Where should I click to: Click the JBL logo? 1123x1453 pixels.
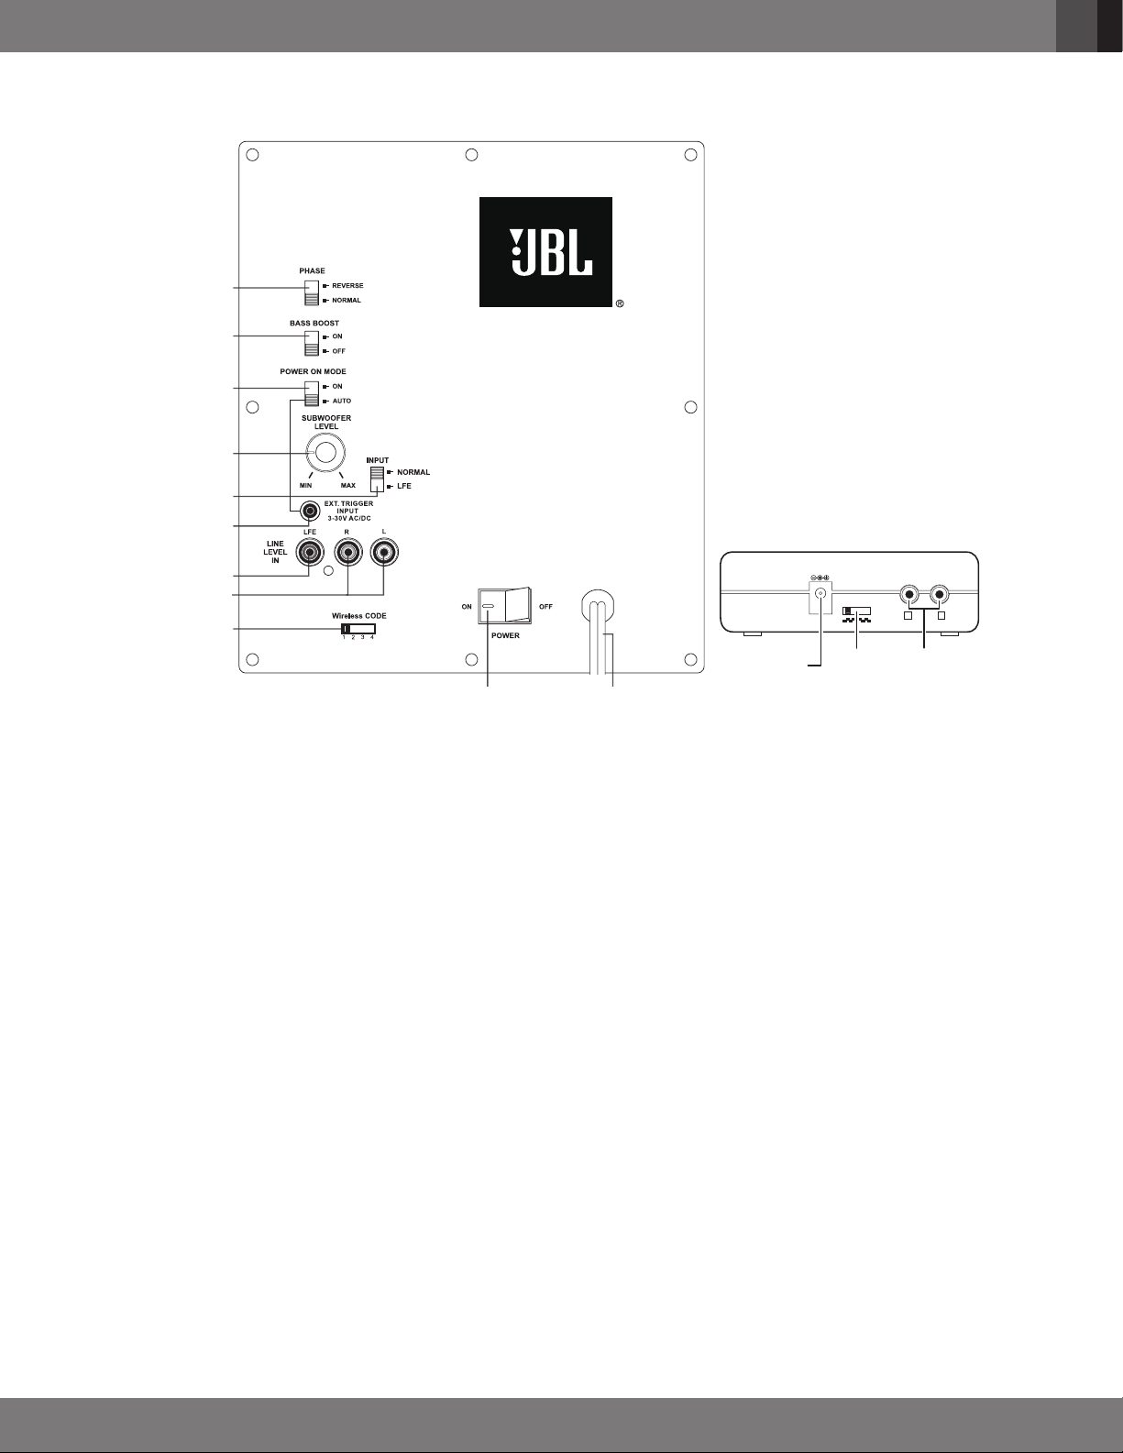click(545, 251)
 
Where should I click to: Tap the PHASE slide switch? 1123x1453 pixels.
click(313, 292)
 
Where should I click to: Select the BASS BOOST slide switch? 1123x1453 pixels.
click(313, 343)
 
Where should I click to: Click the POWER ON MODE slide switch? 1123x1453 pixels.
click(313, 393)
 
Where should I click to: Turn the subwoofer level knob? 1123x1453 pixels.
click(326, 453)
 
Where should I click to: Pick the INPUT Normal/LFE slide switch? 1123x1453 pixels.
click(377, 479)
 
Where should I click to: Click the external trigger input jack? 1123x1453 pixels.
click(311, 511)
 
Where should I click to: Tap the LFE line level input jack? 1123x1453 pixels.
click(310, 552)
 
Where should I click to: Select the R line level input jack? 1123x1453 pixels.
click(347, 552)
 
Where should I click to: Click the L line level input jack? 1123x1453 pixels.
click(384, 552)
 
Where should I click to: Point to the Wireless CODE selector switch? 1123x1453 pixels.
click(358, 629)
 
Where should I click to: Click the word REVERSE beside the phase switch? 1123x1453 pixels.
click(347, 286)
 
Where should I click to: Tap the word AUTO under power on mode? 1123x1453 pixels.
click(341, 401)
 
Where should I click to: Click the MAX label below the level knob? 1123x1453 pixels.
click(348, 485)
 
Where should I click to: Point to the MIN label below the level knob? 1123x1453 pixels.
click(305, 485)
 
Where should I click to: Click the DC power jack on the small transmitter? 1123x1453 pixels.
click(820, 593)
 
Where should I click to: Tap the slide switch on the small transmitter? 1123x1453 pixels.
click(856, 610)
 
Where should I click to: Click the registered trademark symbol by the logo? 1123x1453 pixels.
click(620, 303)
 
